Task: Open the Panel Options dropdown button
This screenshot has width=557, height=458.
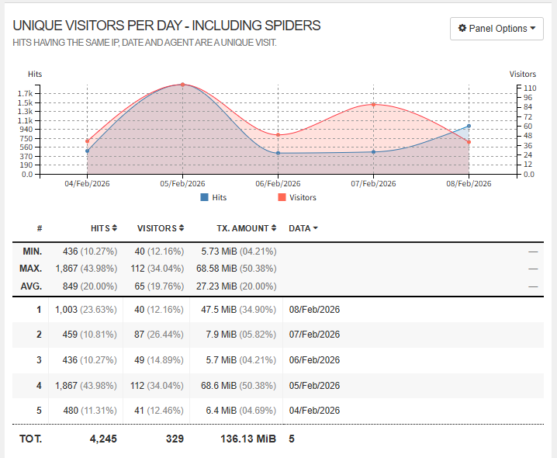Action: [x=496, y=29]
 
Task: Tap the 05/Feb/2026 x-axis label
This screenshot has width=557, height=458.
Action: [x=182, y=184]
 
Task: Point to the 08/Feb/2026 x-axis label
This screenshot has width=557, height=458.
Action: [x=469, y=184]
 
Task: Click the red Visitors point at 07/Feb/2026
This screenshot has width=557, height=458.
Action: [x=374, y=105]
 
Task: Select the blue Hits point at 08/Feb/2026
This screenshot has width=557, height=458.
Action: [x=469, y=126]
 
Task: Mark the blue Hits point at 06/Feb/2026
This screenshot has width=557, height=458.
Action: [x=278, y=153]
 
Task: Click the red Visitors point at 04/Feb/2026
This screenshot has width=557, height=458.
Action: [x=87, y=141]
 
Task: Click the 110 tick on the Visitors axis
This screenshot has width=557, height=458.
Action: [x=530, y=88]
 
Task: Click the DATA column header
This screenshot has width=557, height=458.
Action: [x=303, y=228]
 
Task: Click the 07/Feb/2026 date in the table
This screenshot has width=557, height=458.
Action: [x=314, y=335]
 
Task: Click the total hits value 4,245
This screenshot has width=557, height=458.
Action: [x=102, y=439]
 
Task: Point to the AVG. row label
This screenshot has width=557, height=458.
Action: [x=31, y=286]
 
